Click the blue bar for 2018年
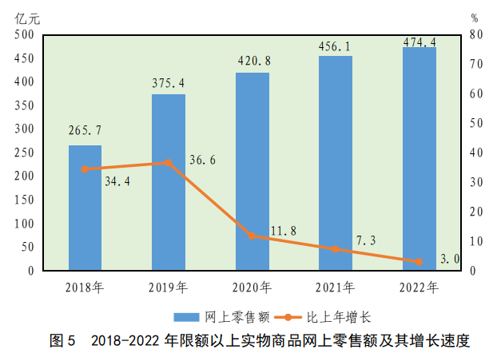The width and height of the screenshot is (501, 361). tap(85, 208)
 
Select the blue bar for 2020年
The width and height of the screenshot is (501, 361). tap(252, 172)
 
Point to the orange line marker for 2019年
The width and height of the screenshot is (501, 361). tap(168, 163)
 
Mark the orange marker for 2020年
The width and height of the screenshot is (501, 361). tap(252, 236)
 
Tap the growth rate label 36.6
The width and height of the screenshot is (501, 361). tap(203, 161)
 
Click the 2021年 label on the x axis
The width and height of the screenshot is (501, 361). tap(335, 288)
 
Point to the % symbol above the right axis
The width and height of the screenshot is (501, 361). tap(475, 18)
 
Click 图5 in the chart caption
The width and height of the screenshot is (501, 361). tap(62, 341)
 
